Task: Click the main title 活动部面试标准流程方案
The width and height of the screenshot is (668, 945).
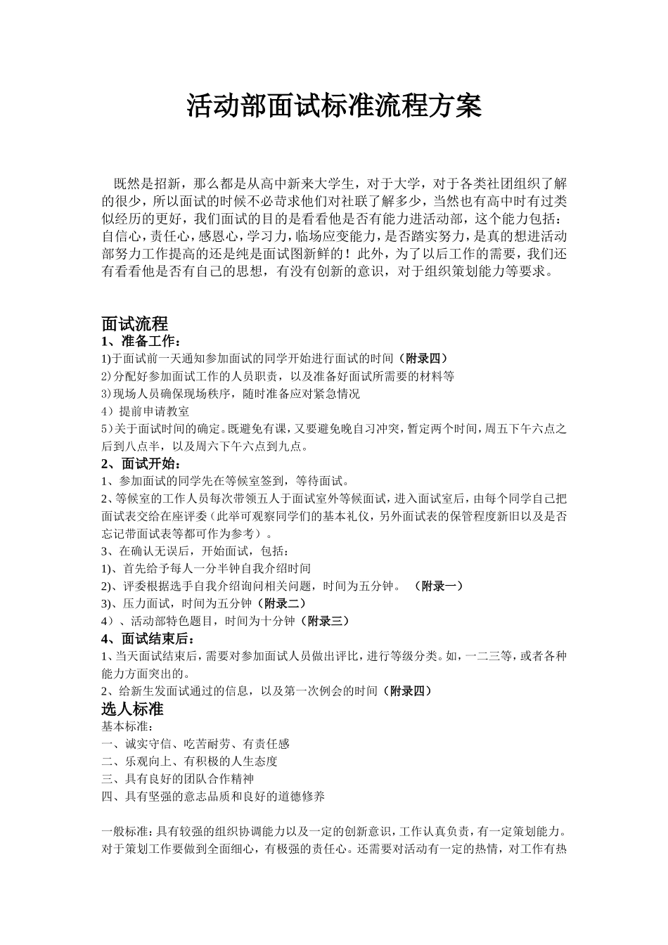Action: tap(334, 106)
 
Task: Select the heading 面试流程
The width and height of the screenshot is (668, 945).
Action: tap(135, 324)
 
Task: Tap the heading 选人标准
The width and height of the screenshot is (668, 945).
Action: tap(132, 708)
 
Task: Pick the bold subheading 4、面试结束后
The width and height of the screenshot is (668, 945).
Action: tap(146, 638)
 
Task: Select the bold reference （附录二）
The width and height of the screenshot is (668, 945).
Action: tap(281, 603)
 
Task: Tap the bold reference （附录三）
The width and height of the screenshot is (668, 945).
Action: tap(324, 621)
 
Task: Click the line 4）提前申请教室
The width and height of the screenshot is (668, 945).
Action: tap(146, 411)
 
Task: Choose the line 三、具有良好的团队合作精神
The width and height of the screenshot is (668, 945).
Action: tap(177, 778)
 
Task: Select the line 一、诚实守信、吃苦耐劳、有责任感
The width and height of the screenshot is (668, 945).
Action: tap(195, 743)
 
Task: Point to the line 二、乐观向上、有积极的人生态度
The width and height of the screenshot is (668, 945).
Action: tap(190, 761)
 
